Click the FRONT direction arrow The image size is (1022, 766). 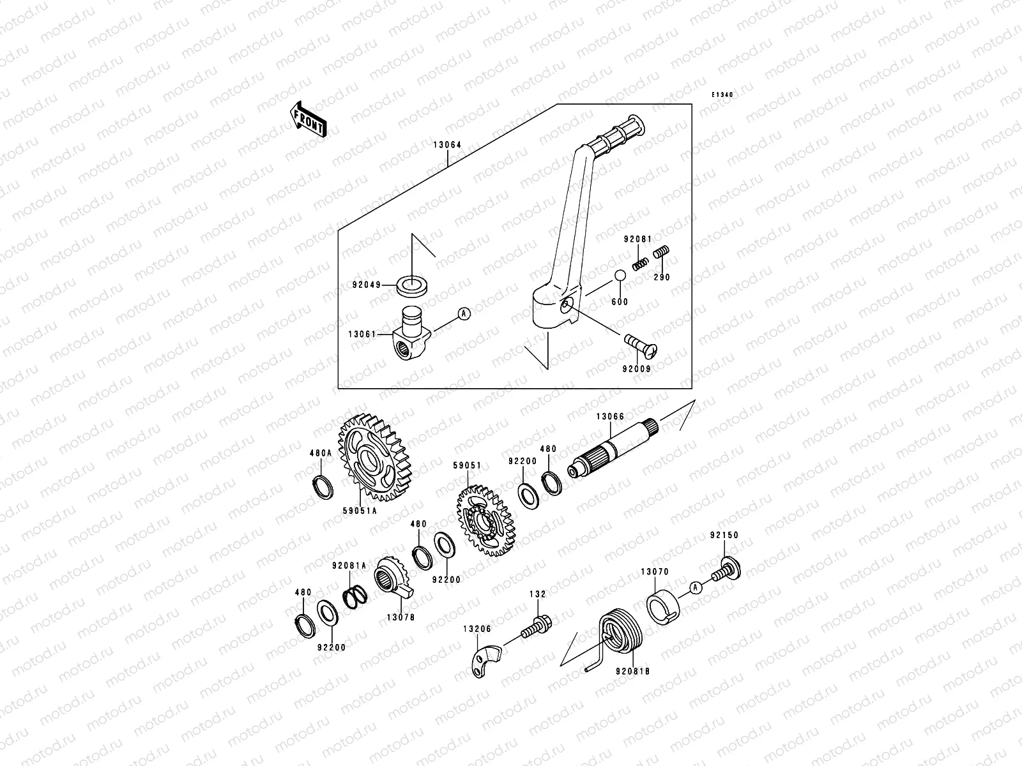(309, 119)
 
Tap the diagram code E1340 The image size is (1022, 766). (722, 95)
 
